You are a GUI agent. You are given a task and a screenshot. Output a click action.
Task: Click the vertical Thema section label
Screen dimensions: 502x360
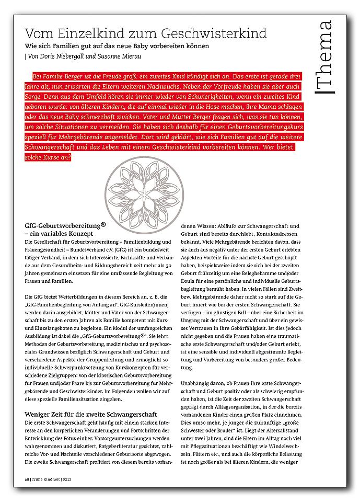click(x=324, y=57)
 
